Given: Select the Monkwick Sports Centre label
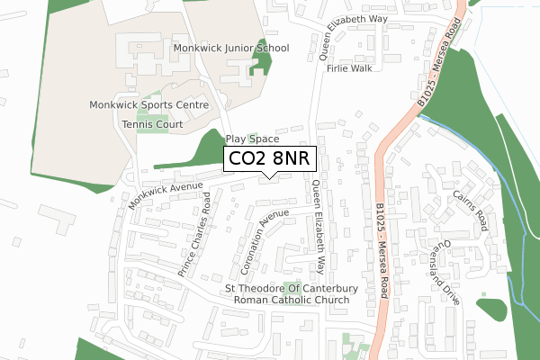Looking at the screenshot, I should pos(148,105).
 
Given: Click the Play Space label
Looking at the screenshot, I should pos(252,139).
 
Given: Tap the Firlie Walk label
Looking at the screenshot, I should pos(351,68).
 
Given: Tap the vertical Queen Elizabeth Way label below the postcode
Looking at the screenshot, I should pos(319,229).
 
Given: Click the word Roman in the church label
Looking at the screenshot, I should pos(254,300).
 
